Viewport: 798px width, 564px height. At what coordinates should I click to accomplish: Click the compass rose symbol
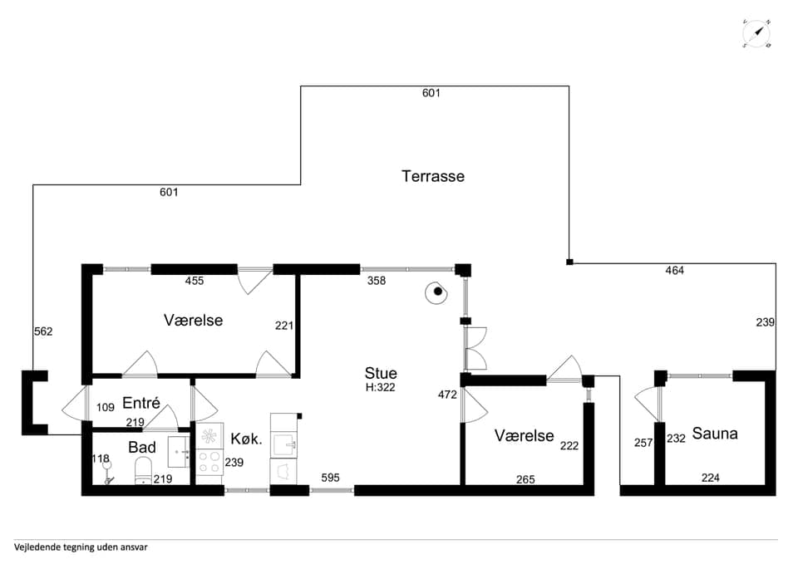tap(756, 34)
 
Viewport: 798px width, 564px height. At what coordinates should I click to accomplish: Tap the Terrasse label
tap(433, 176)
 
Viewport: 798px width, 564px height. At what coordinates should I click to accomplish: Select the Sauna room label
tap(715, 434)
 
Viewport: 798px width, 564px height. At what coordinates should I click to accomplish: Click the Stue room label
tap(381, 373)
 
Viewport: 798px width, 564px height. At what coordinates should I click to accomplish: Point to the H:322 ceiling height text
tap(380, 388)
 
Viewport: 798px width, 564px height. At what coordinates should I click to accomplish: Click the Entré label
tap(141, 403)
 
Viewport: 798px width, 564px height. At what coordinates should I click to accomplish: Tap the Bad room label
tap(142, 447)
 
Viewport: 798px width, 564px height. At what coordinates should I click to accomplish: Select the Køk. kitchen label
tap(246, 439)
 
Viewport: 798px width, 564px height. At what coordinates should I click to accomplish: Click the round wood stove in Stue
tap(436, 292)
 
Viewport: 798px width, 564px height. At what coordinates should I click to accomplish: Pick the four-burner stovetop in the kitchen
tap(209, 462)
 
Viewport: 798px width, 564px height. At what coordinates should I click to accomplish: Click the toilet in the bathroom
tap(143, 471)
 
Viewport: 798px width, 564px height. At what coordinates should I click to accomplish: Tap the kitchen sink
tap(283, 444)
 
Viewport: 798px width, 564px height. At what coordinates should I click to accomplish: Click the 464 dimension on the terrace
tap(674, 271)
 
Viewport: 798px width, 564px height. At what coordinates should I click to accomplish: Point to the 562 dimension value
tap(43, 331)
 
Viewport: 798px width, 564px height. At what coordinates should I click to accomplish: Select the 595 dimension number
tap(330, 478)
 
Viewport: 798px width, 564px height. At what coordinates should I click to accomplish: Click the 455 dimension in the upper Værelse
tap(195, 281)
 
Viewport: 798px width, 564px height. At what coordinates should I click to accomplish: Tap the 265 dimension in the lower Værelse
tap(525, 479)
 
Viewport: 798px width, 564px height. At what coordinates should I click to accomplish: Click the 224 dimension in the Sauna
tap(711, 478)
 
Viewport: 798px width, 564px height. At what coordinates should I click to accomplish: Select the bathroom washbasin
tap(180, 451)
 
